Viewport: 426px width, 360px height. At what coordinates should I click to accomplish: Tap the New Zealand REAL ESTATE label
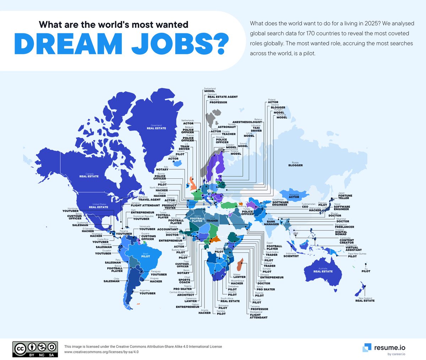point(365,300)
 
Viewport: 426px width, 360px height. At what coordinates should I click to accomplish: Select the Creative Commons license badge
point(35,349)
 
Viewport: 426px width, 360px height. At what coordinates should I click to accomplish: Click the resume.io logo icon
point(367,348)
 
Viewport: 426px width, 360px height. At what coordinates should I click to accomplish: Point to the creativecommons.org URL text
point(101,352)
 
